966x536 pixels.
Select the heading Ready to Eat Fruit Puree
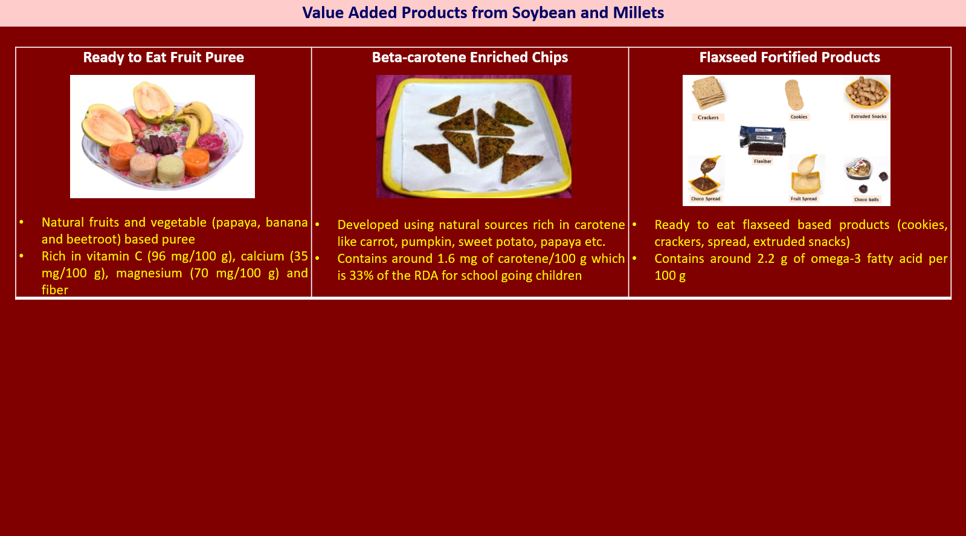click(164, 57)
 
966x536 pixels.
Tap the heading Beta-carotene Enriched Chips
click(469, 57)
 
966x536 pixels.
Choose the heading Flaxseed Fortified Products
click(790, 57)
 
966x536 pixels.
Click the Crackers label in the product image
click(708, 117)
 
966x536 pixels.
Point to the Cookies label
click(799, 117)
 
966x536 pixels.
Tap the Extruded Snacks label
click(869, 117)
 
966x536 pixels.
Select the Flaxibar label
click(762, 161)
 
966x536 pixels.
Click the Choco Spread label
click(706, 199)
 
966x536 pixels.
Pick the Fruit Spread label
click(803, 199)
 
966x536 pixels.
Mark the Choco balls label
click(866, 199)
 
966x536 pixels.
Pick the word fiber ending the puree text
click(55, 290)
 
